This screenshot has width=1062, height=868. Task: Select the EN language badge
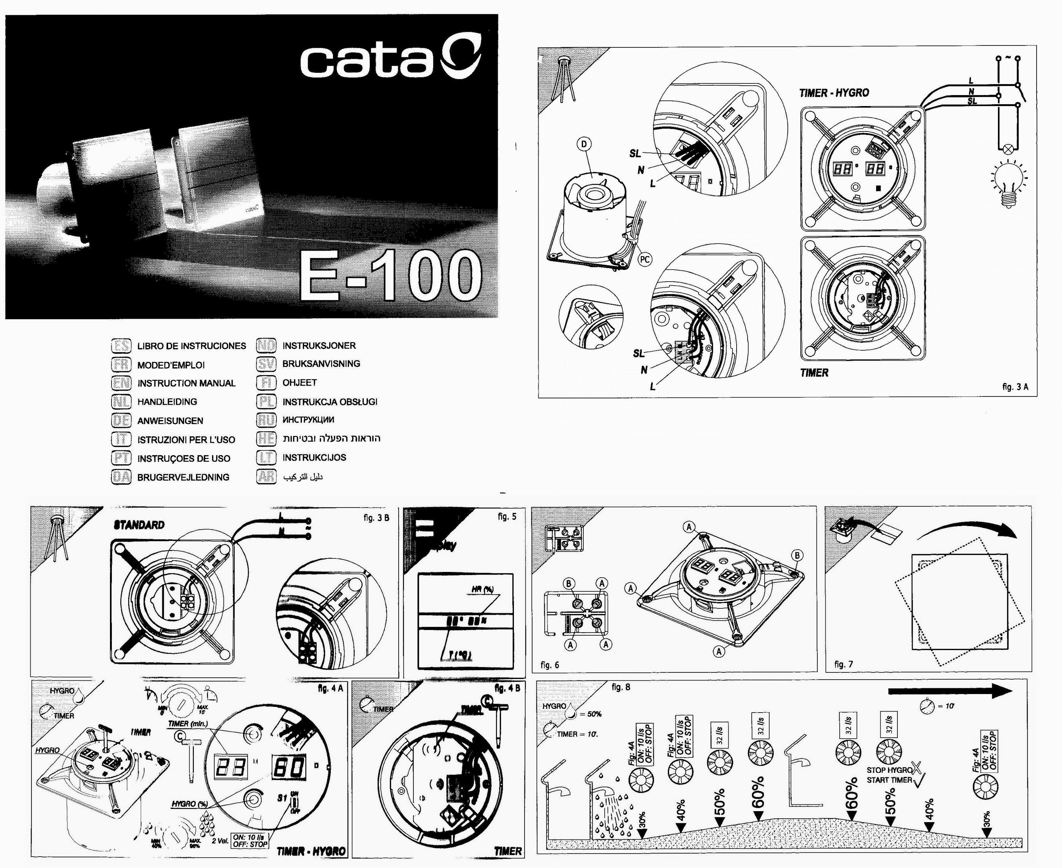[121, 383]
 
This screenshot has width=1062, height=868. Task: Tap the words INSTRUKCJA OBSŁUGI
[330, 401]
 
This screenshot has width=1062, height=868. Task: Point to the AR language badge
[266, 476]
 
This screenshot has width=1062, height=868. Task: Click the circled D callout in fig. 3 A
[584, 144]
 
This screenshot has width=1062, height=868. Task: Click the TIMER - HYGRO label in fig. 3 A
[834, 92]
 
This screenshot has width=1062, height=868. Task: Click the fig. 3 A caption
[1015, 387]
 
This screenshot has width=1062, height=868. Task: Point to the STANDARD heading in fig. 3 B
[139, 525]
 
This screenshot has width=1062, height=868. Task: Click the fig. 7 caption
[844, 664]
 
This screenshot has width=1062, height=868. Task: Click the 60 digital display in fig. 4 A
[289, 766]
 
